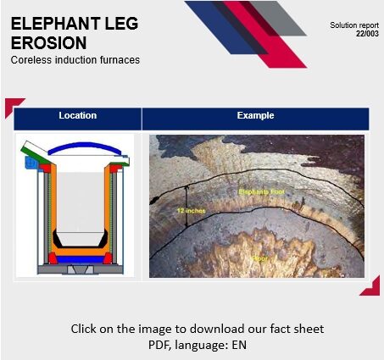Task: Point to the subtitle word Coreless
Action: (x=31, y=60)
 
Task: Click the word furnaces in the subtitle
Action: (x=119, y=60)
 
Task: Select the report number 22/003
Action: (x=366, y=33)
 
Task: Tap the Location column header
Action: (x=77, y=115)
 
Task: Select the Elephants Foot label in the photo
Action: (x=258, y=192)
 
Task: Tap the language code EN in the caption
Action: (x=237, y=345)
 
